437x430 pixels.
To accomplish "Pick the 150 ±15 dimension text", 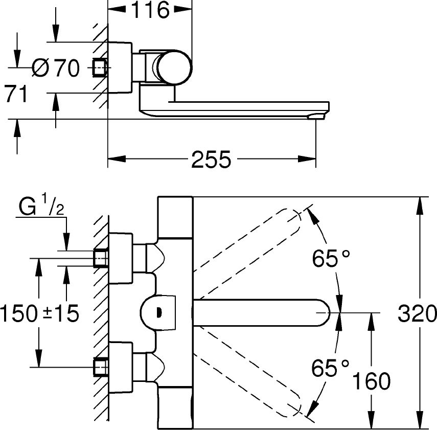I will [x=40, y=312].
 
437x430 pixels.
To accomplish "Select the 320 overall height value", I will [x=417, y=312].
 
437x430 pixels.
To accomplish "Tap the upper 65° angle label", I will [x=332, y=259].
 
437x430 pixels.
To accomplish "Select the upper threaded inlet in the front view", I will [x=100, y=258].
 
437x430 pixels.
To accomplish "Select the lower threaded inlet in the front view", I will [x=100, y=367].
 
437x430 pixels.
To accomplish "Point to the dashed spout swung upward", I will [x=250, y=253].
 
